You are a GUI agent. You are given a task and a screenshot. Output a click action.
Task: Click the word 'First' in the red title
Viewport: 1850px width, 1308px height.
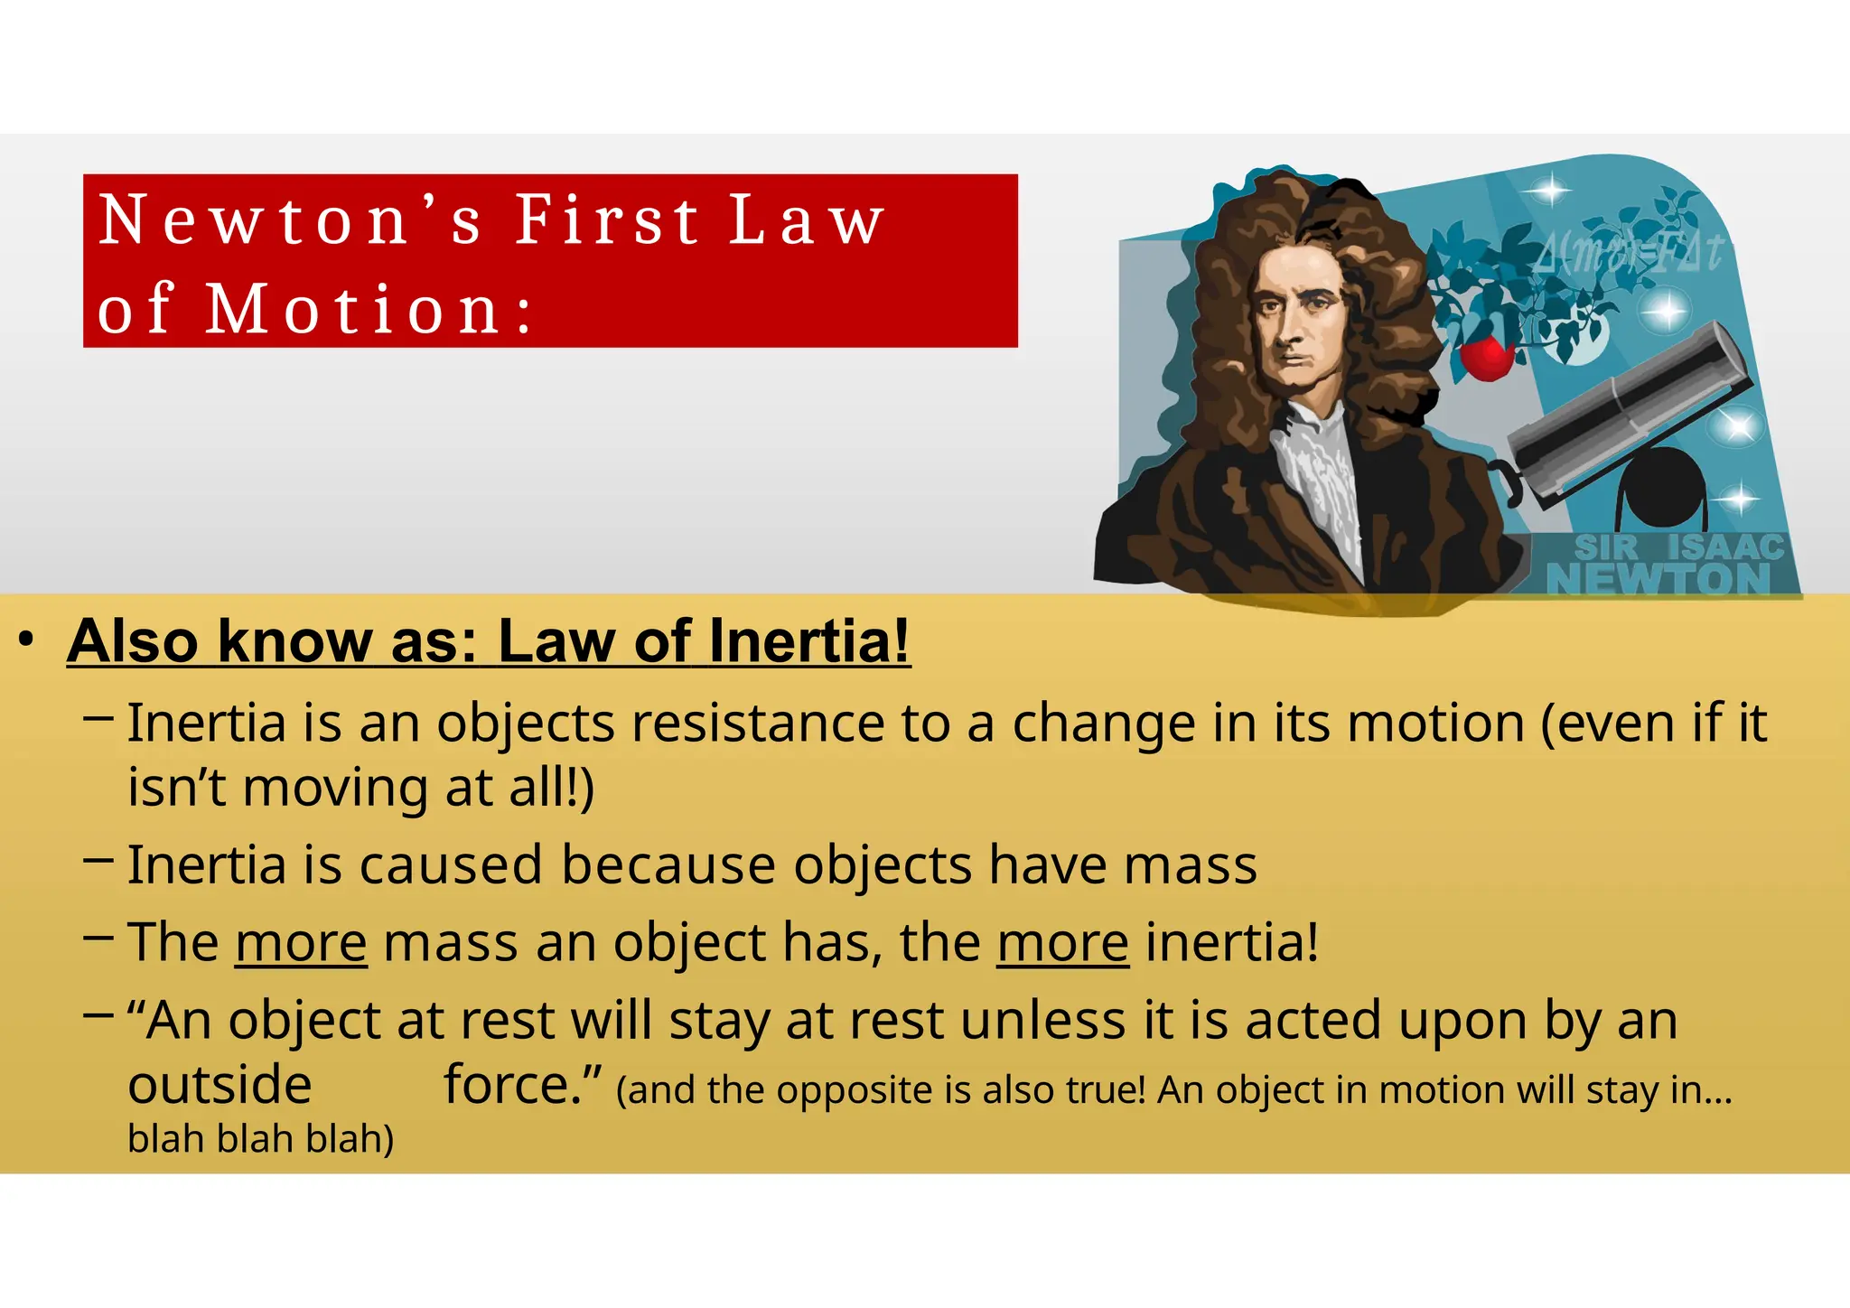[606, 220]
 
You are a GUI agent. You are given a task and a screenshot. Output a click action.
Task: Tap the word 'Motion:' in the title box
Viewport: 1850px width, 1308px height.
[369, 309]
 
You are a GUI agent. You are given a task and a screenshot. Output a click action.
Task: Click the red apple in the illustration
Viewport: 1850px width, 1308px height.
[1486, 358]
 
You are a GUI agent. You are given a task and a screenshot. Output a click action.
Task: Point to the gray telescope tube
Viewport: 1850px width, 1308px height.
[1626, 406]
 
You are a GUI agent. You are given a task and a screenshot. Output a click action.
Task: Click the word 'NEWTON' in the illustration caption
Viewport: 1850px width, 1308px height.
[1658, 578]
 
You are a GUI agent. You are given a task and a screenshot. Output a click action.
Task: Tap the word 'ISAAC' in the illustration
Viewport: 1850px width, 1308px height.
[1725, 547]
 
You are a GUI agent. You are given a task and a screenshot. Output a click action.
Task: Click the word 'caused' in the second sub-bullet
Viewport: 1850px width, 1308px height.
[452, 865]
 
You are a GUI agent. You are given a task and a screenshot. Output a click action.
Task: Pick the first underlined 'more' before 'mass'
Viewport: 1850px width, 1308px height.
[301, 943]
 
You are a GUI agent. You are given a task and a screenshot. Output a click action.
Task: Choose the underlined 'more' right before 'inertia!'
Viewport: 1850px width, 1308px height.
[1063, 943]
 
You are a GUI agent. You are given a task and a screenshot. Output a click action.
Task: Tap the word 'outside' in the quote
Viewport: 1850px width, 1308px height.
[220, 1086]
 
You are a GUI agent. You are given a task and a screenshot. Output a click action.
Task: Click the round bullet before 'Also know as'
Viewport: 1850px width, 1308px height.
[26, 640]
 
